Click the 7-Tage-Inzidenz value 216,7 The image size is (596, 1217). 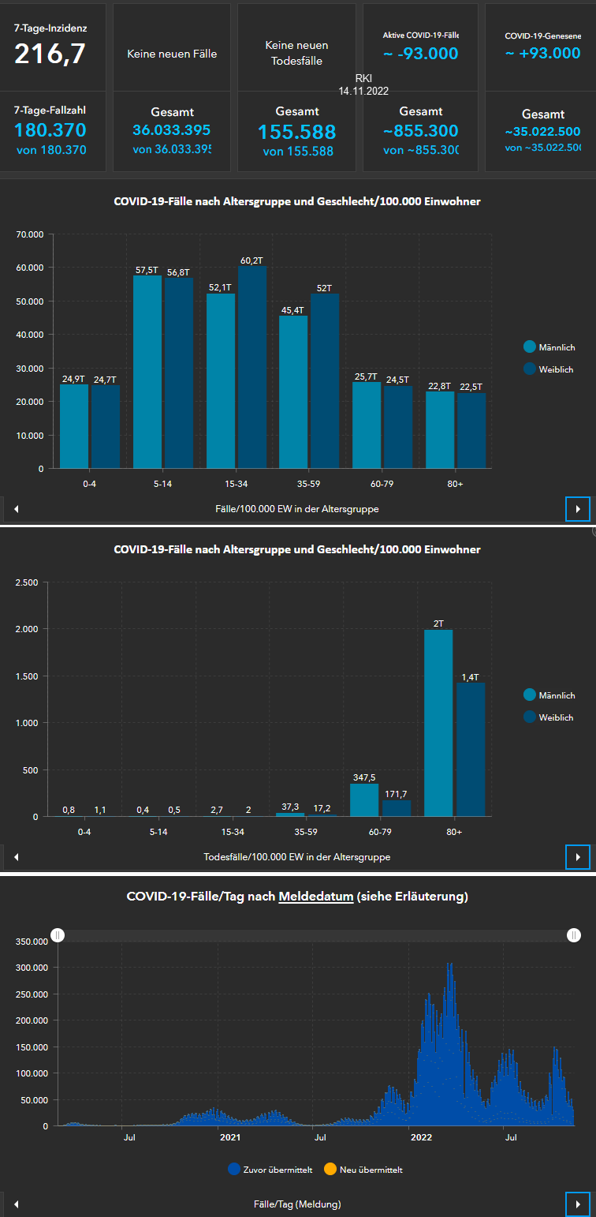coord(50,54)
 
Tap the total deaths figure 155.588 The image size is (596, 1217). coord(296,132)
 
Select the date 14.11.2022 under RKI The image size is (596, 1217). coord(363,92)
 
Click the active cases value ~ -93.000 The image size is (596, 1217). coord(420,53)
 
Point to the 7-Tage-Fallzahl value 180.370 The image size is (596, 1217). coord(50,130)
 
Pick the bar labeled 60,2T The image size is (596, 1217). coord(252,367)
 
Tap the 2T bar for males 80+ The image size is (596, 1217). coord(438,722)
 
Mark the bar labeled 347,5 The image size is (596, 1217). coord(364,799)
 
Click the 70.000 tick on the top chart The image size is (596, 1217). coord(29,234)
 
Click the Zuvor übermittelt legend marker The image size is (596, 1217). coord(233,1170)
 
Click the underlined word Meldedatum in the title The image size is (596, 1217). coord(315,897)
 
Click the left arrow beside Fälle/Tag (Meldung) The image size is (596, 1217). coord(17,1204)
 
